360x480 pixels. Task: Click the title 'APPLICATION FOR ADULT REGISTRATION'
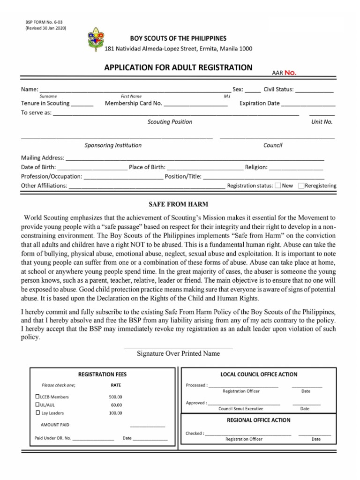[x=178, y=67]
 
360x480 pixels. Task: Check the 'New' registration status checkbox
[x=278, y=186]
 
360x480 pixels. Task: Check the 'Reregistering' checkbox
[x=301, y=186]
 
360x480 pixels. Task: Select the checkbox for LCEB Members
[x=38, y=397]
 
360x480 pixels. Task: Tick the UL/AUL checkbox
[x=38, y=405]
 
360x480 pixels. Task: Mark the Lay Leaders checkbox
[x=38, y=413]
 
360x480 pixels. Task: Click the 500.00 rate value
[x=115, y=397]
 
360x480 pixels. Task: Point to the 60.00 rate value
[x=116, y=405]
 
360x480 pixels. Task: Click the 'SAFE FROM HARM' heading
[x=178, y=205]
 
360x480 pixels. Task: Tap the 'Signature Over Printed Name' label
[x=178, y=354]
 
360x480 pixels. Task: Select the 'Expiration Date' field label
[x=260, y=104]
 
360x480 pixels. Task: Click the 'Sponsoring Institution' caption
[x=113, y=145]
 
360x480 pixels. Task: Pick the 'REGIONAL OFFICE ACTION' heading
[x=259, y=420]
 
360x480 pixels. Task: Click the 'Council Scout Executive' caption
[x=241, y=409]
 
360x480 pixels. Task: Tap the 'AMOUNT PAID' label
[x=55, y=425]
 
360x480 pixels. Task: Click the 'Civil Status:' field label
[x=278, y=90]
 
